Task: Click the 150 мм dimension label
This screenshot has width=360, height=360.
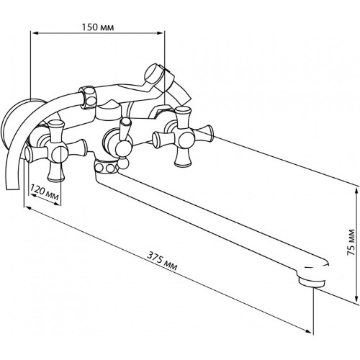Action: (x=98, y=27)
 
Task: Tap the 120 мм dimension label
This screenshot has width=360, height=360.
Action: (x=45, y=193)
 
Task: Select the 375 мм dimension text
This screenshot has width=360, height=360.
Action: (x=162, y=261)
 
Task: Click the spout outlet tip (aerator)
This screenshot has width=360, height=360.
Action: (x=312, y=282)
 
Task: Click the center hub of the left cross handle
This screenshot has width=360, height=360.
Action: (x=57, y=153)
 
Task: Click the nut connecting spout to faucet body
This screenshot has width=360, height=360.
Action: (x=107, y=166)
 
